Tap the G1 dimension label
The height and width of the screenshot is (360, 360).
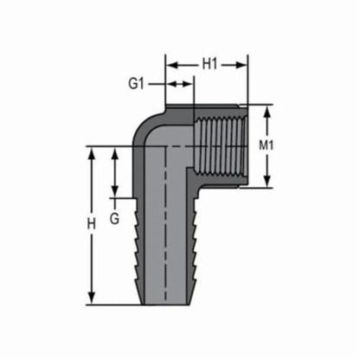pyautogui.click(x=136, y=84)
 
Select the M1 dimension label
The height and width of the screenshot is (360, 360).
pyautogui.click(x=267, y=145)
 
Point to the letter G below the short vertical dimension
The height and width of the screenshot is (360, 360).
pyautogui.click(x=114, y=218)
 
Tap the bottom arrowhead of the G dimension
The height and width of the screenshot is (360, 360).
pyautogui.click(x=114, y=194)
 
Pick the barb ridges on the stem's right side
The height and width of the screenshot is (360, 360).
pyautogui.click(x=193, y=251)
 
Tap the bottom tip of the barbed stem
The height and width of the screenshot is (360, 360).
pyautogui.click(x=165, y=302)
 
